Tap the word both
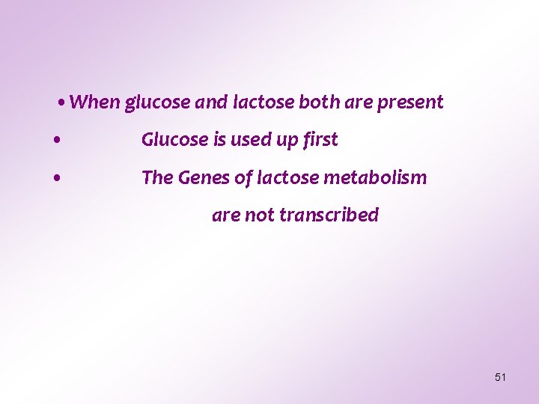[320, 102]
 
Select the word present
[410, 102]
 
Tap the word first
[322, 140]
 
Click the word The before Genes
[157, 178]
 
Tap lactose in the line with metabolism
[287, 178]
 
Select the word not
[260, 215]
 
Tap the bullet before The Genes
[57, 179]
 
